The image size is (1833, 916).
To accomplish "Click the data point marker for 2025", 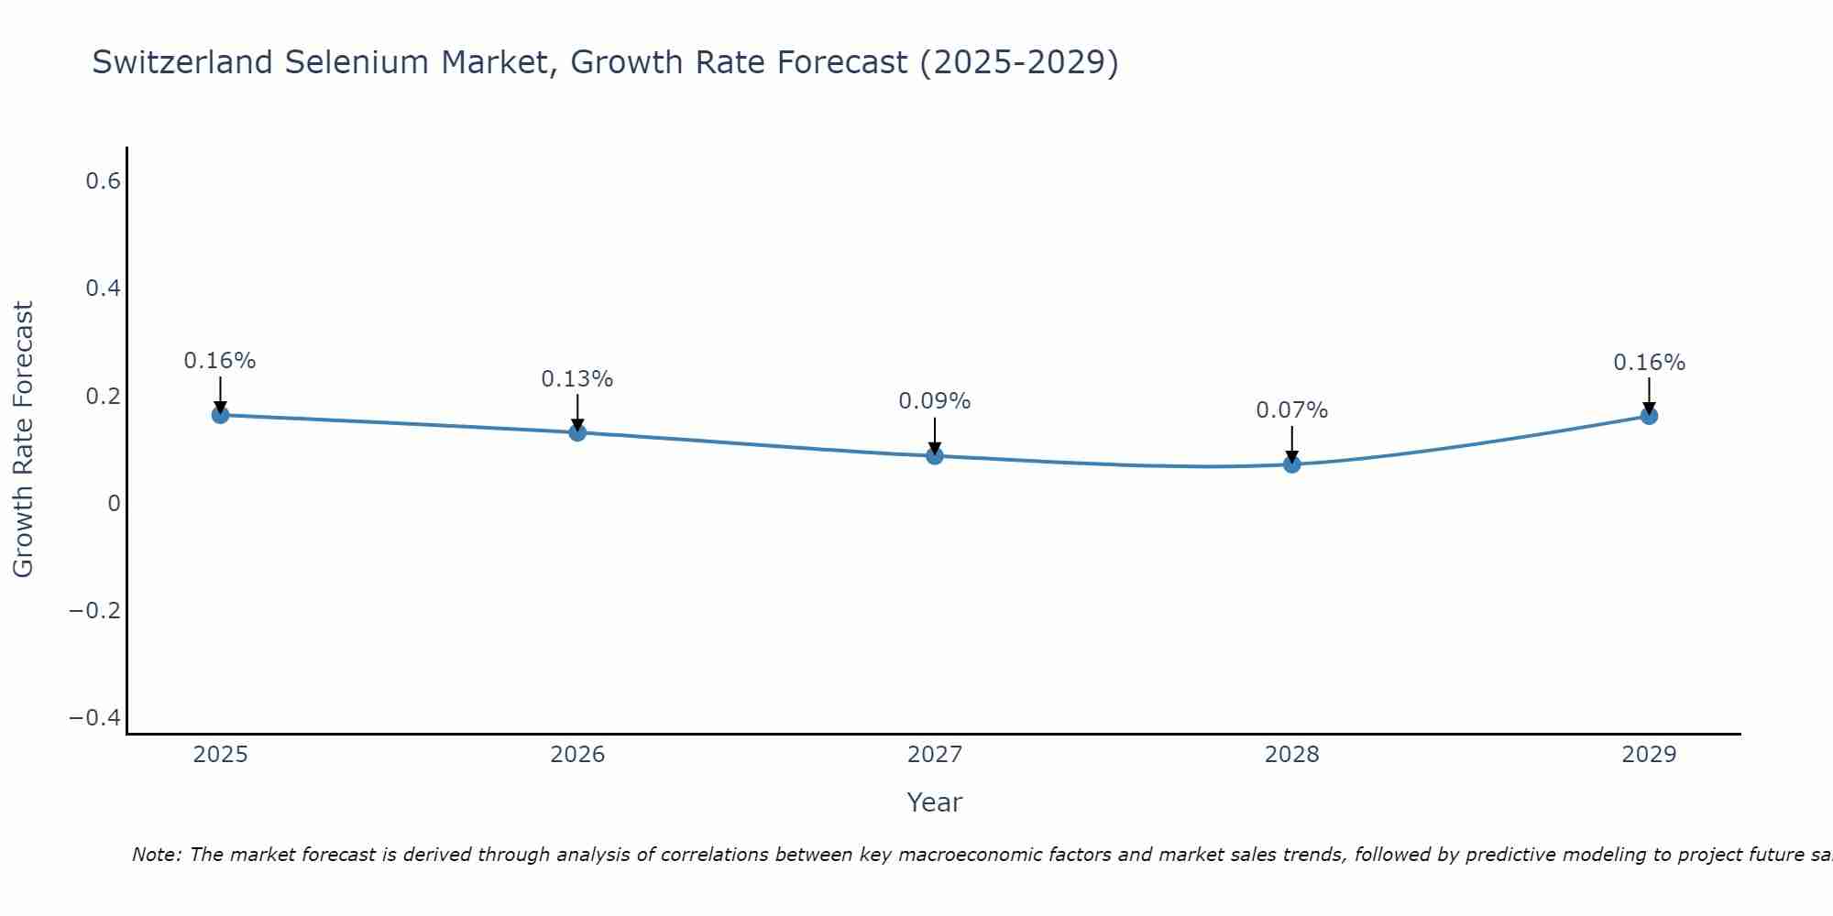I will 220,415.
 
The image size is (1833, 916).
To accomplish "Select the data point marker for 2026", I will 577,432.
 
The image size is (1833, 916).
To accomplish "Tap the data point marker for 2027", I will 935,455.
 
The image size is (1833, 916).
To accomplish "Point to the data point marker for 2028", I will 1292,464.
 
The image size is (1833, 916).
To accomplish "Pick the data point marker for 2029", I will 1649,416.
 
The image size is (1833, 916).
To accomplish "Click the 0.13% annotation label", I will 576,379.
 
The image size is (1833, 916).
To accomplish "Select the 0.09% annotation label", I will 934,401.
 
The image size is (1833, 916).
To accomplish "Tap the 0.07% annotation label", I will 1291,410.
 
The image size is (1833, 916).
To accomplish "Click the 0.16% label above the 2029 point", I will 1649,363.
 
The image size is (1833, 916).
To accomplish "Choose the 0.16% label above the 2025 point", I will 220,361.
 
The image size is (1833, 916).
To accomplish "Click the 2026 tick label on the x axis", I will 577,755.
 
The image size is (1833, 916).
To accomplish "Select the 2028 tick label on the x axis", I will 1292,755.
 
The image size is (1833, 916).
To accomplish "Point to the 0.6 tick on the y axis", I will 104,181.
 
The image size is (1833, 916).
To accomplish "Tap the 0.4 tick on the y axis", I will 104,289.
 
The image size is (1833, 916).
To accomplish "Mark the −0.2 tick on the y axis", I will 95,610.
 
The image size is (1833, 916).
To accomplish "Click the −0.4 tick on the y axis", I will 95,717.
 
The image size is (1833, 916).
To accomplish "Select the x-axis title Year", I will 934,803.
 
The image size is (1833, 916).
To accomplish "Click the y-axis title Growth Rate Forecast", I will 23,440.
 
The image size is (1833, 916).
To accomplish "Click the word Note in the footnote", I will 155,856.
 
